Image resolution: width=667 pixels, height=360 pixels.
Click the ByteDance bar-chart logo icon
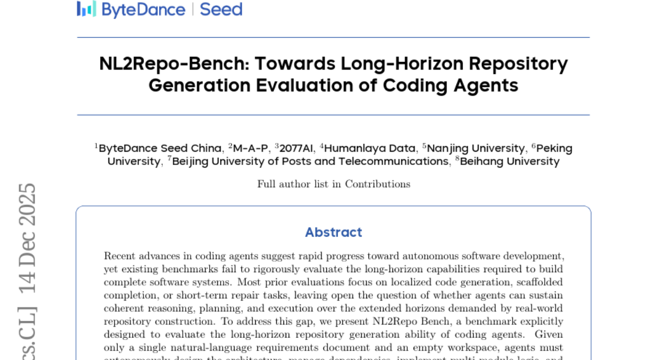coord(86,9)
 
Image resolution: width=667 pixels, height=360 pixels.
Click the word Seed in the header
coord(221,9)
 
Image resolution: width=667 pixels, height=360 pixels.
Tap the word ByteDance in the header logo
coord(143,9)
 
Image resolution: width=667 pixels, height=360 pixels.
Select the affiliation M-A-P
coord(250,148)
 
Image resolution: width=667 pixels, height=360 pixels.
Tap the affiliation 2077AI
coord(296,148)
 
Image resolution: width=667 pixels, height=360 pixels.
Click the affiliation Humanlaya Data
coord(370,148)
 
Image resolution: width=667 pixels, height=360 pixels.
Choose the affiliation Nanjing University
coord(475,148)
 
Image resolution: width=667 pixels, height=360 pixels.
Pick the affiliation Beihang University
coord(509,162)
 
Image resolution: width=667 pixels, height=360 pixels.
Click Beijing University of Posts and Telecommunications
coord(310,162)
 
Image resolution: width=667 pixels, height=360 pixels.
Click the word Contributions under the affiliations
coord(377,184)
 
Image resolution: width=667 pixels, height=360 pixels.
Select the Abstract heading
coord(333,232)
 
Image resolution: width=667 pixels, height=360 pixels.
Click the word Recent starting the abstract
coord(119,256)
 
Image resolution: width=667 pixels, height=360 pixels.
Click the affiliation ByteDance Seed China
coord(160,148)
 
